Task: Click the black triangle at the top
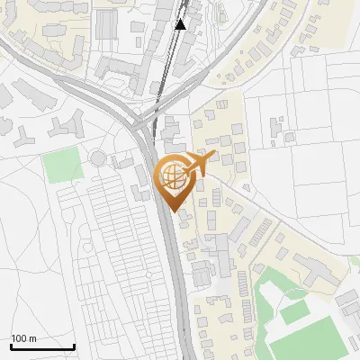181,24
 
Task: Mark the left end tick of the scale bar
11,346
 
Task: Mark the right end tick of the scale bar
74,346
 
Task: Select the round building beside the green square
97,159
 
